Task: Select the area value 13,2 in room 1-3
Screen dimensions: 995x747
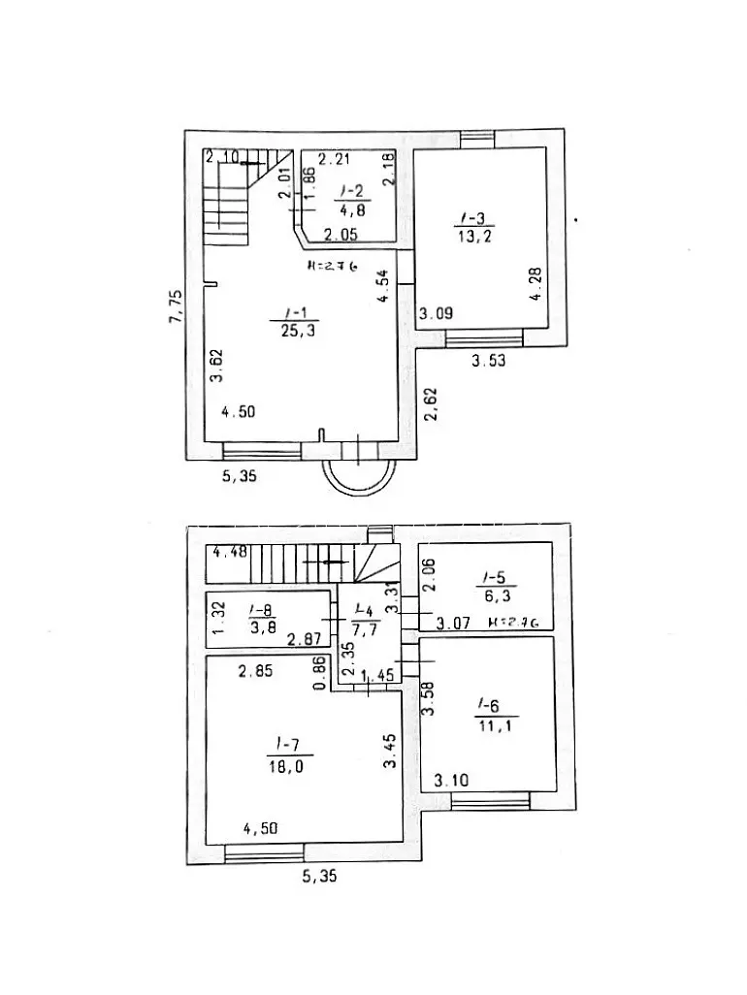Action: (x=472, y=235)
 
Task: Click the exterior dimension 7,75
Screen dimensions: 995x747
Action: (x=175, y=307)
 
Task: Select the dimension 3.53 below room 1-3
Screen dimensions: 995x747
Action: (x=489, y=362)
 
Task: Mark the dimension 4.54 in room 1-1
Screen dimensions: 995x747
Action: (x=384, y=288)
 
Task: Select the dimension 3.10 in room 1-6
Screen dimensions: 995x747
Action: (x=452, y=779)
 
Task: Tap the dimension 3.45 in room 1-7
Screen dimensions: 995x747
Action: (x=390, y=751)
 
